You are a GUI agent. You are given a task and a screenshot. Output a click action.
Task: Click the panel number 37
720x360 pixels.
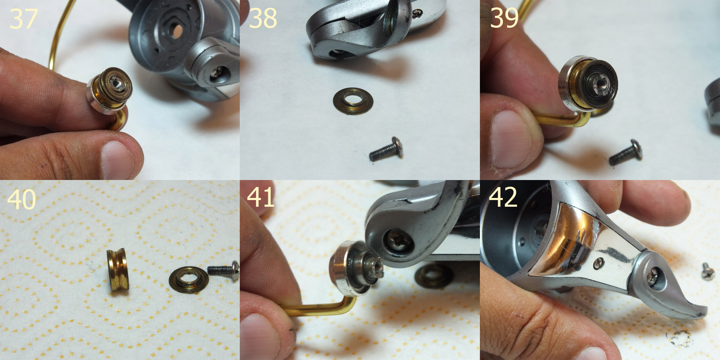24,19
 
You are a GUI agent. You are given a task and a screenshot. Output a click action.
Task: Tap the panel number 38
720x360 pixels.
263,18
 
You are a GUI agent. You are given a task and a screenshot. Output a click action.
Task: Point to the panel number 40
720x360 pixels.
21,199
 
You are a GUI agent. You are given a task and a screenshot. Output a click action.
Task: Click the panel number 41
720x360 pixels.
261,197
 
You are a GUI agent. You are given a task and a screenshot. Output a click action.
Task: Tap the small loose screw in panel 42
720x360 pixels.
707,271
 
